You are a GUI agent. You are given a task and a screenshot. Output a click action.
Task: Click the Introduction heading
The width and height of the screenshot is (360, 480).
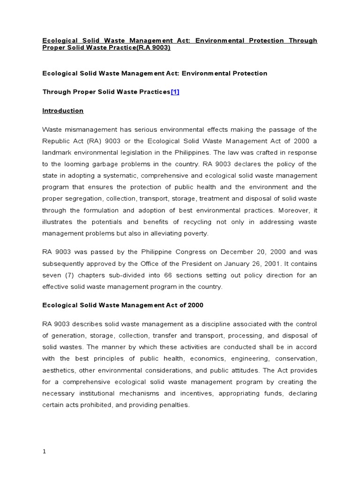[63, 111]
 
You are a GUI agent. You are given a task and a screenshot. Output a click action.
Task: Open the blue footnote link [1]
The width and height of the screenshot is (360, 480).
[175, 92]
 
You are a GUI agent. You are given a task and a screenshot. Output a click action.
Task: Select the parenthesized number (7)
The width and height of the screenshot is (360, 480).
[70, 275]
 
